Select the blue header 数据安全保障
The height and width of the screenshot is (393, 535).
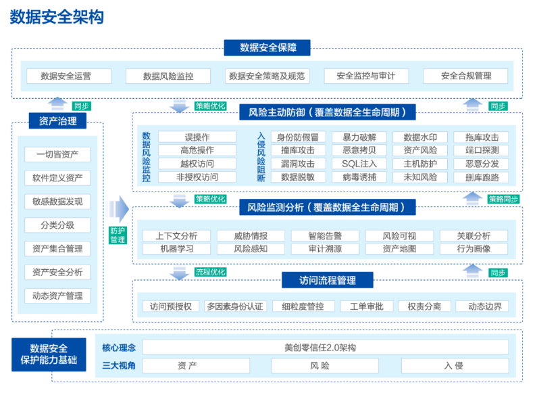click(x=267, y=48)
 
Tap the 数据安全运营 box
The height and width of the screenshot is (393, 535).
click(x=66, y=76)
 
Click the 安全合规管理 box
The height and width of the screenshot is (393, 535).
click(x=465, y=76)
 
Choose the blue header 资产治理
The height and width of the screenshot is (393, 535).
click(x=58, y=122)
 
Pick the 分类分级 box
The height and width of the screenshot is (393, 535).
click(x=58, y=225)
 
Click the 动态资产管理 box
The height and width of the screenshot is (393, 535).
click(x=58, y=296)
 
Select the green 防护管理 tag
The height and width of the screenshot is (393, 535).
click(x=118, y=234)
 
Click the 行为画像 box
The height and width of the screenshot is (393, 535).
click(x=474, y=248)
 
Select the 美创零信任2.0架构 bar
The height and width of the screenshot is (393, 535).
click(x=324, y=347)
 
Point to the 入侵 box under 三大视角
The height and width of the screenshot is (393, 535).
click(x=453, y=365)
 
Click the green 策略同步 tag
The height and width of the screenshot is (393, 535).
click(x=503, y=200)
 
